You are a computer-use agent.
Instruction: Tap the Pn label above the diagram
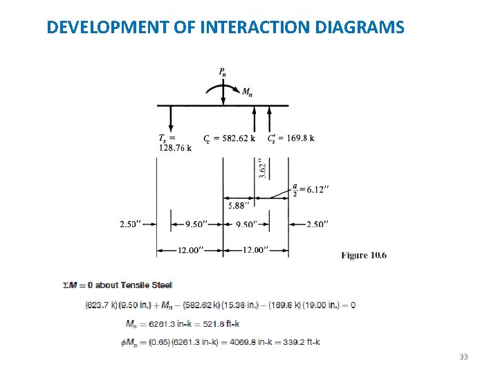tap(222, 71)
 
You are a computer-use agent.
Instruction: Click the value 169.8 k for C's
tap(299, 138)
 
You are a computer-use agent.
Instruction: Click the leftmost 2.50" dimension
tap(131, 224)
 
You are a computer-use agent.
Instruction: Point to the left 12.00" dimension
tap(190, 250)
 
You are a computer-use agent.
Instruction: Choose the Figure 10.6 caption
tap(364, 255)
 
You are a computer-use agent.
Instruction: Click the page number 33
tap(463, 357)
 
